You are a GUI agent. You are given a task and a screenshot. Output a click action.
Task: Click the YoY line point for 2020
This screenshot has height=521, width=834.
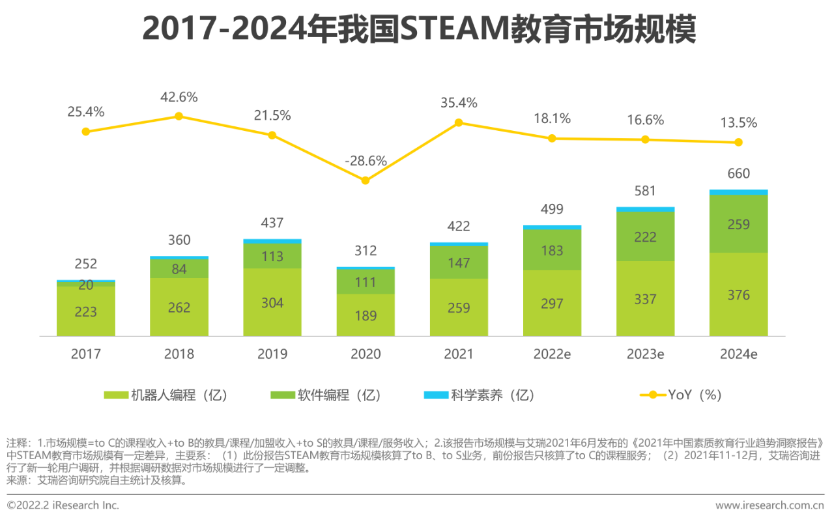(366, 180)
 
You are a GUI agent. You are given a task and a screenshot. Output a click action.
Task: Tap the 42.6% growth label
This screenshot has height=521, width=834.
(179, 97)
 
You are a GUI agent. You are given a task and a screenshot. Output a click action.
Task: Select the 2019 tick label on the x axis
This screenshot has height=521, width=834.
(272, 354)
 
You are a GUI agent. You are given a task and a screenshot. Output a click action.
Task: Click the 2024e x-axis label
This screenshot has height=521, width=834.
(738, 354)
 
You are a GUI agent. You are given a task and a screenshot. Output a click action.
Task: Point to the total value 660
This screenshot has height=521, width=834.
(738, 173)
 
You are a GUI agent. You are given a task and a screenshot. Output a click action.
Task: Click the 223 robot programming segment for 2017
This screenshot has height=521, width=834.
(86, 312)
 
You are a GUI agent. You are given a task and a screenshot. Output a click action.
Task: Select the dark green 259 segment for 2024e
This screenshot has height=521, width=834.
(738, 224)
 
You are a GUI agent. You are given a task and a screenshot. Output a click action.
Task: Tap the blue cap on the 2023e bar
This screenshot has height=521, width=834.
(645, 209)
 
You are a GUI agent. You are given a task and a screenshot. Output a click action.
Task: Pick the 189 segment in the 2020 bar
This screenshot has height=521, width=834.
(366, 315)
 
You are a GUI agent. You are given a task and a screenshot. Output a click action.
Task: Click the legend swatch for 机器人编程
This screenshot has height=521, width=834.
(115, 395)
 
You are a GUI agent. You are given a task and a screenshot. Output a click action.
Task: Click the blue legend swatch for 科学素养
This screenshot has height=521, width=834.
(435, 395)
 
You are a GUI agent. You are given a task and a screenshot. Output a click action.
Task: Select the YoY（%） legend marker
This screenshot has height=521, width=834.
(652, 395)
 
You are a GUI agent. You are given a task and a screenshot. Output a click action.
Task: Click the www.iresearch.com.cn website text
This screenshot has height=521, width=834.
(769, 505)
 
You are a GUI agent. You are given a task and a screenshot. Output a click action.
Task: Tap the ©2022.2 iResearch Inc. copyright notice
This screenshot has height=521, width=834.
(63, 505)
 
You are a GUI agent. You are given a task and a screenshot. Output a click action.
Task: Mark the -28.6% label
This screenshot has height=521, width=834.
(366, 160)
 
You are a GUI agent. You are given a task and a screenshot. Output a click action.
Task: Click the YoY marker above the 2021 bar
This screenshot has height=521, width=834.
(459, 122)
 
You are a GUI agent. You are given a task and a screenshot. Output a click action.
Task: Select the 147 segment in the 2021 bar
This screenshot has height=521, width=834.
(459, 262)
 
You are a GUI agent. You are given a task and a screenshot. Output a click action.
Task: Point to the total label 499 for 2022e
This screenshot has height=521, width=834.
(552, 209)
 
